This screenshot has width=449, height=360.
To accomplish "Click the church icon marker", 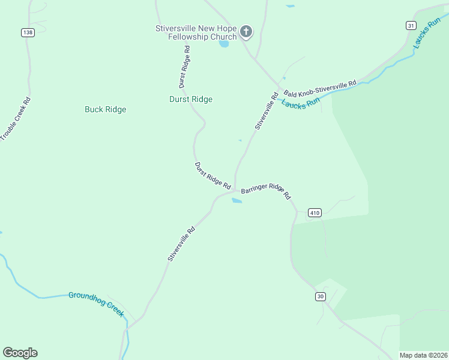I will coord(246,31).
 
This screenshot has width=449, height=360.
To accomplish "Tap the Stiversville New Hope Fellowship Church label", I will coord(196,32).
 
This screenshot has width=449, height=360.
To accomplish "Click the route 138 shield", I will coord(28,32).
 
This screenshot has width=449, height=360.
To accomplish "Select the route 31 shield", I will coord(411,25).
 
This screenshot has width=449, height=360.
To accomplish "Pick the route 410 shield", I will coord(315,212).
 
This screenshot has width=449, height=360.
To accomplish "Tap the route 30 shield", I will coord(320,296).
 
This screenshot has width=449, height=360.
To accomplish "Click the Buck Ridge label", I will coord(105,109).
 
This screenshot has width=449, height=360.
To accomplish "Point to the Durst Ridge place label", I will coord(191,99).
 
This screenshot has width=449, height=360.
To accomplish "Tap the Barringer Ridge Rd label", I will coord(266,191).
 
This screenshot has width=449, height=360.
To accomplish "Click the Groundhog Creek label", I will coord(95,300).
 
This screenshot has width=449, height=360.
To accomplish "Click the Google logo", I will coord(20,353).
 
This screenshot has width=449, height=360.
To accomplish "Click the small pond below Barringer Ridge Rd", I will coord(237,201).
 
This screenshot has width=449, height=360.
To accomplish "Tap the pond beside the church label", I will coord(224,44).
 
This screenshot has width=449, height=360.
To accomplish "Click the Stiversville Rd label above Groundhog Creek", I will coord(181,244).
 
